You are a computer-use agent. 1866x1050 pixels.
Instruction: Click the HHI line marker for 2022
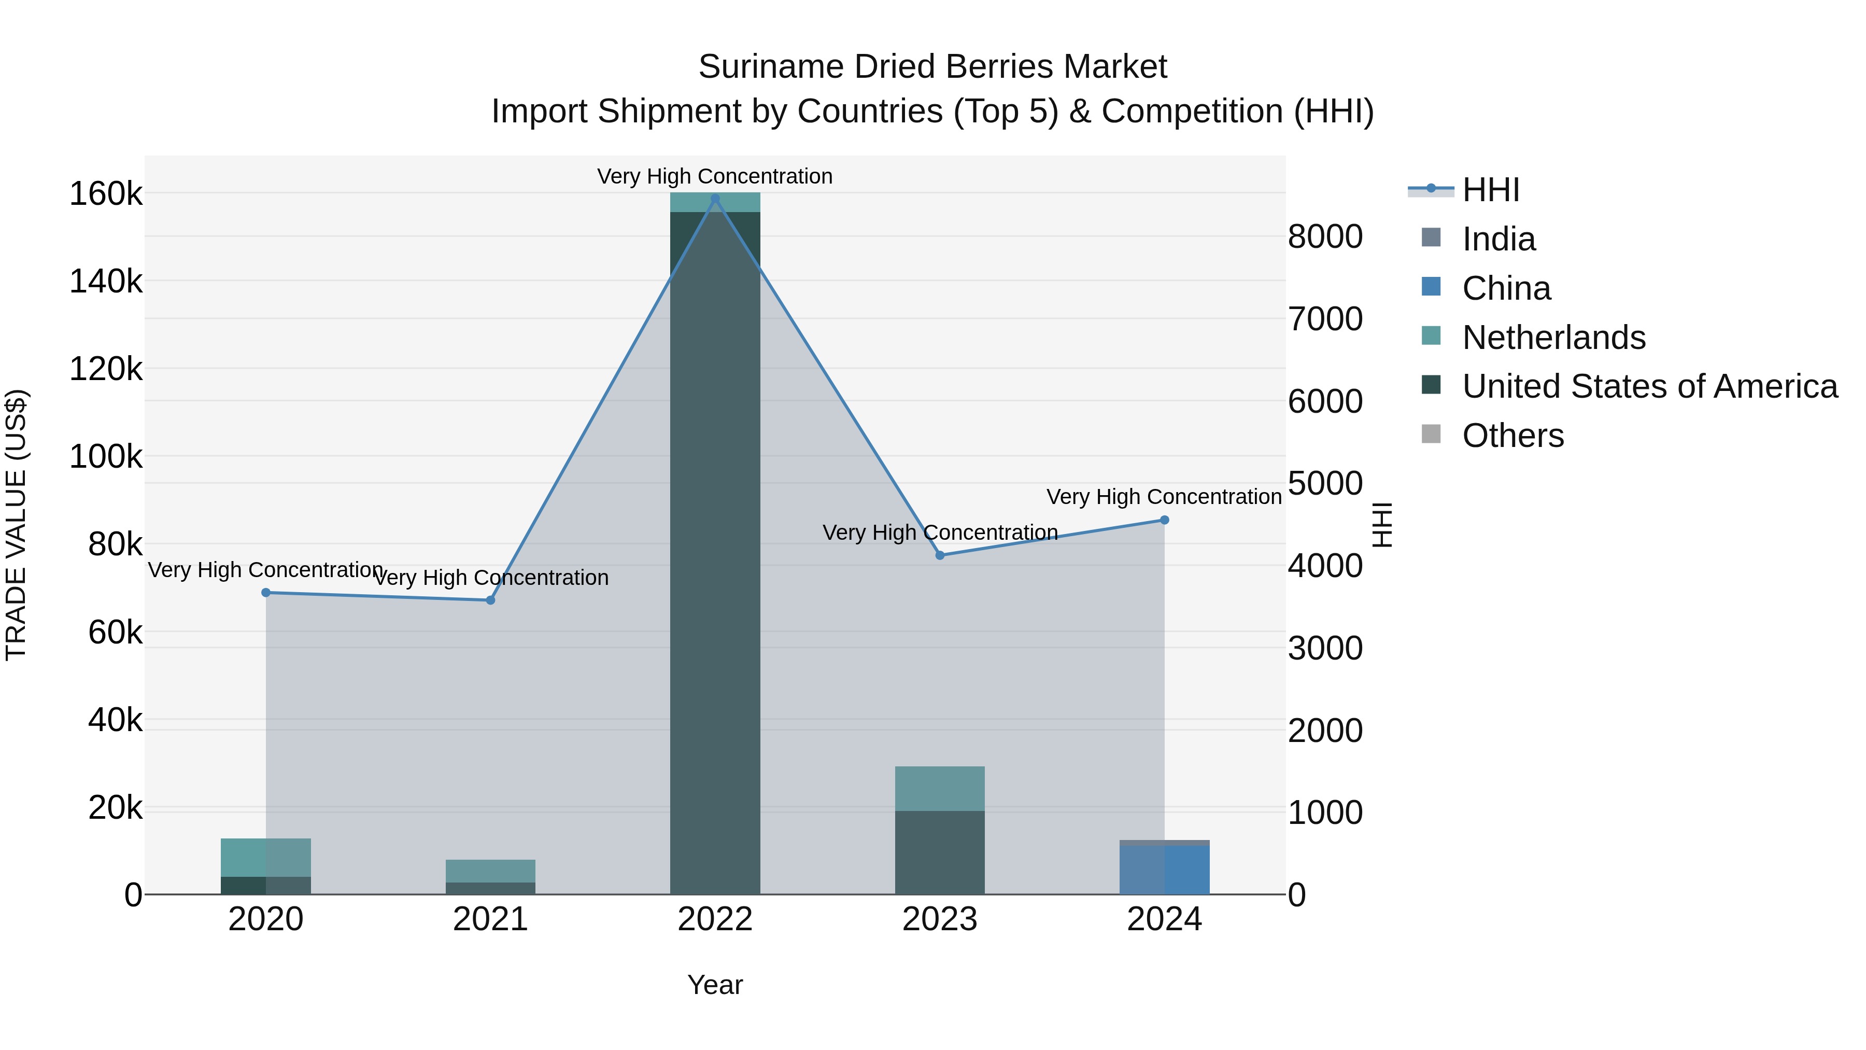coord(715,199)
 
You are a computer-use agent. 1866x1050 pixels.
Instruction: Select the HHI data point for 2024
coord(1164,520)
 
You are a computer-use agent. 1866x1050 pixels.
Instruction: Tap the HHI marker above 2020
coord(266,592)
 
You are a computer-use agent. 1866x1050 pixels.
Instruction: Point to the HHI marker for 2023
coord(940,555)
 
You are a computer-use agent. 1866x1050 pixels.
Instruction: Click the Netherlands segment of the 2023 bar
coord(940,788)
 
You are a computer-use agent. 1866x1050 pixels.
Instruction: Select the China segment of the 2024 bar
coord(1164,870)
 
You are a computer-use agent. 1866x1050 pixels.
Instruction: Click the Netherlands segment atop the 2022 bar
coord(715,203)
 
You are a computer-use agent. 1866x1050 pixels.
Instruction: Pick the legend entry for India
coord(1498,239)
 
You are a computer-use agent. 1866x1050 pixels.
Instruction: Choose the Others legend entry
coord(1512,436)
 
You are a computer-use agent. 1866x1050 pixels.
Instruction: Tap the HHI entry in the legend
coord(1490,190)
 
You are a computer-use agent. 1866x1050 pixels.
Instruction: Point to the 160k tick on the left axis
coord(106,194)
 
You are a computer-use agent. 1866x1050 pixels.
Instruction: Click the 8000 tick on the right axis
coord(1325,237)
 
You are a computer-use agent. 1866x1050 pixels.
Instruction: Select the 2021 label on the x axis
coord(490,919)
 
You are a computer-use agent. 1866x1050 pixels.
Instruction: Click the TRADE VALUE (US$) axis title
coord(17,525)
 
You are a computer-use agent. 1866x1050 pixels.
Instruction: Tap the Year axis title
coord(715,985)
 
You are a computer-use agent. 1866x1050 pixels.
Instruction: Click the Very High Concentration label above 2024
coord(1164,497)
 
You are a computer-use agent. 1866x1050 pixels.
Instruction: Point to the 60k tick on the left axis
coord(115,633)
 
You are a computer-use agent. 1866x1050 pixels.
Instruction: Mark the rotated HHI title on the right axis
coord(1382,525)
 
